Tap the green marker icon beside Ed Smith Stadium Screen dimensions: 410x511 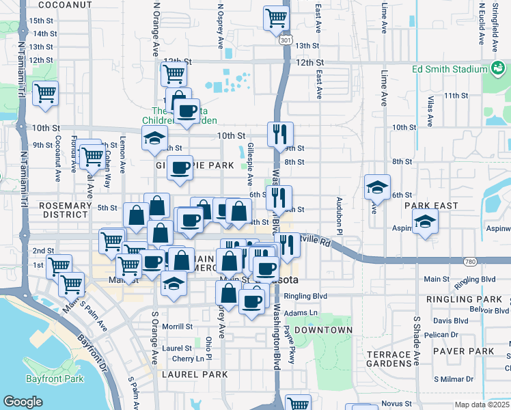click(x=497, y=68)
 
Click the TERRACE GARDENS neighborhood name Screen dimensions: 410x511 click(x=387, y=360)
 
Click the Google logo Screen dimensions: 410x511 click(x=23, y=402)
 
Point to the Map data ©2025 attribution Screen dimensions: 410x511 click(x=482, y=405)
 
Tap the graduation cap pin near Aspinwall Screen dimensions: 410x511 click(x=425, y=222)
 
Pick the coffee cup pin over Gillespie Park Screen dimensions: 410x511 click(x=180, y=168)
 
